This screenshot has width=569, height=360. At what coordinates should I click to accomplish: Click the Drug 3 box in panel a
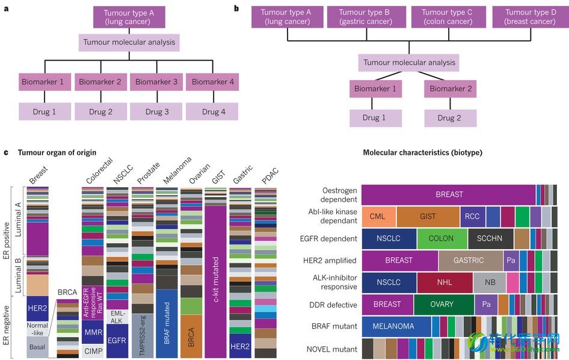(x=157, y=111)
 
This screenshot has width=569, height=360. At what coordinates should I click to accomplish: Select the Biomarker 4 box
(x=213, y=82)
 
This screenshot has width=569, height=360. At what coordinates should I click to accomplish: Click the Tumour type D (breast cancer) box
(x=530, y=17)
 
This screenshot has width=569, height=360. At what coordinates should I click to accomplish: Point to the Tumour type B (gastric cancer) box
(x=364, y=17)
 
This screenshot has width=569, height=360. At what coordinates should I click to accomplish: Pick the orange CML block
(x=378, y=216)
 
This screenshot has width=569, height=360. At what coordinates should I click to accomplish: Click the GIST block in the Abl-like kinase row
(x=428, y=216)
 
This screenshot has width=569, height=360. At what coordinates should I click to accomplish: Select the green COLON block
(x=441, y=238)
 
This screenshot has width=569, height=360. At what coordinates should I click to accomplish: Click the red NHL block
(x=444, y=282)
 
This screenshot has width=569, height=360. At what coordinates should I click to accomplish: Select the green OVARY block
(x=442, y=305)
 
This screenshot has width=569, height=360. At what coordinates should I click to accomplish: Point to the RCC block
(x=472, y=216)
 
